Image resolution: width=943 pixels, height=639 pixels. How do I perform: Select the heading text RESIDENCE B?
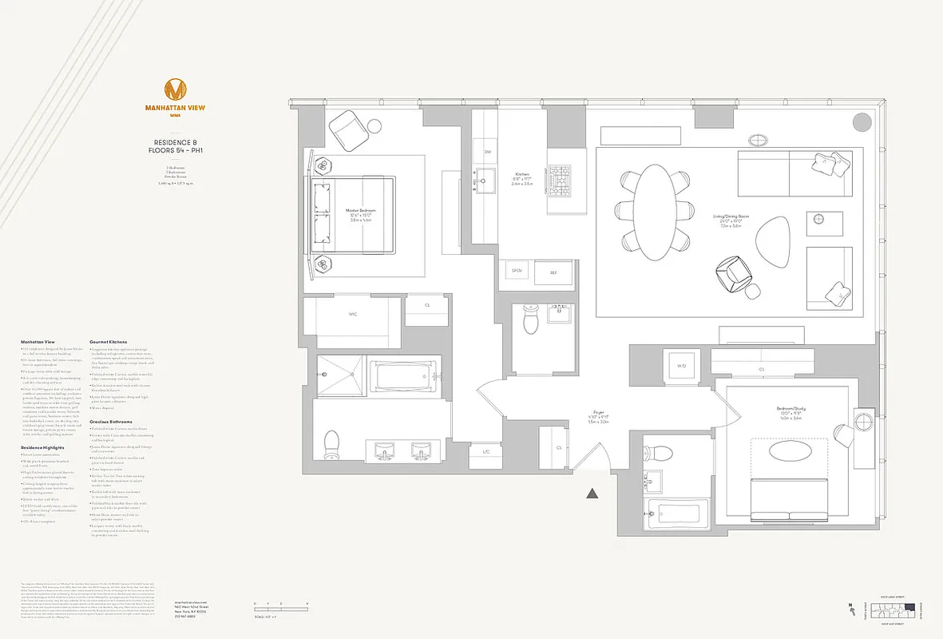176,143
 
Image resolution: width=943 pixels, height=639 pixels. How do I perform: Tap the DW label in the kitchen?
486,152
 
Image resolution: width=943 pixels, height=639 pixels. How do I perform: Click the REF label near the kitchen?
553,272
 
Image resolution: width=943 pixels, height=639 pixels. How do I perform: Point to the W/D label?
682,366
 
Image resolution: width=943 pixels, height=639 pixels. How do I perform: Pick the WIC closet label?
352,315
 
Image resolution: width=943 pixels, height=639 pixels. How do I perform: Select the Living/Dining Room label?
731,216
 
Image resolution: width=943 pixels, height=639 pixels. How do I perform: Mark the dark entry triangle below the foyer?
592,494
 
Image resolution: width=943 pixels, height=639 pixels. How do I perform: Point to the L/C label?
485,452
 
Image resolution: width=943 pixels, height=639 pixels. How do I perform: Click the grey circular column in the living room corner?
862,122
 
